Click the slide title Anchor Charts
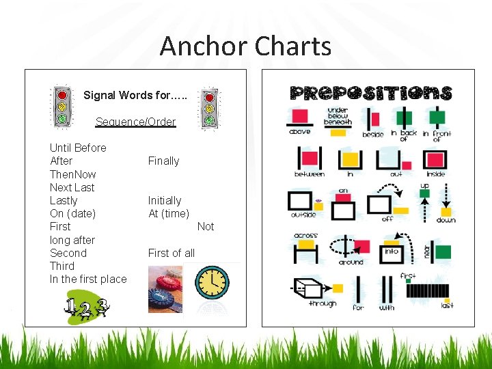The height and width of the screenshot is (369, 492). coord(245,46)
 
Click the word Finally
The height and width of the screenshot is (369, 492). coord(163,161)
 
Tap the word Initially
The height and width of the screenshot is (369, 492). coord(165,200)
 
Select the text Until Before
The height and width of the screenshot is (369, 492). coord(78,148)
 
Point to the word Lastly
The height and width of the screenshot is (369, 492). coord(64,200)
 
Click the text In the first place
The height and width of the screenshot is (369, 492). coord(88,279)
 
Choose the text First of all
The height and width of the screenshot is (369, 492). coord(172,253)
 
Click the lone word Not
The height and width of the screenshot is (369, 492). coord(205,226)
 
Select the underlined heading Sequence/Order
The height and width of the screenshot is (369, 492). coord(135,122)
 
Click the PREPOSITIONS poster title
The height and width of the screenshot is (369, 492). coord(371,93)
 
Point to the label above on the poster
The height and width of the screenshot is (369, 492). coord(299,131)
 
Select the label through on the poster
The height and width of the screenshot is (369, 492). coord(322,303)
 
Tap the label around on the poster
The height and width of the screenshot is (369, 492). coord(351,262)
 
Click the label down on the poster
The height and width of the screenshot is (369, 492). coord(446,220)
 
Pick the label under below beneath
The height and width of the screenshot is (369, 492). coord(338,115)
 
